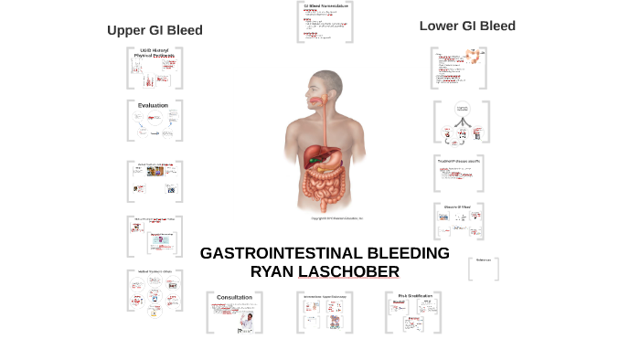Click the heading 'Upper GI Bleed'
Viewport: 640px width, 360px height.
[x=155, y=30]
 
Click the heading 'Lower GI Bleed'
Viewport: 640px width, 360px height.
[x=467, y=26]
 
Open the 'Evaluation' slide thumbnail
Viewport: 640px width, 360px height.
[x=154, y=120]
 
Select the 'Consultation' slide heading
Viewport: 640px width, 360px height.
[x=234, y=298]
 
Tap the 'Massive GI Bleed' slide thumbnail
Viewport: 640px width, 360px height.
[x=458, y=220]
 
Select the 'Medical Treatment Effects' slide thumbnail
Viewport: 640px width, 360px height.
[x=154, y=291]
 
